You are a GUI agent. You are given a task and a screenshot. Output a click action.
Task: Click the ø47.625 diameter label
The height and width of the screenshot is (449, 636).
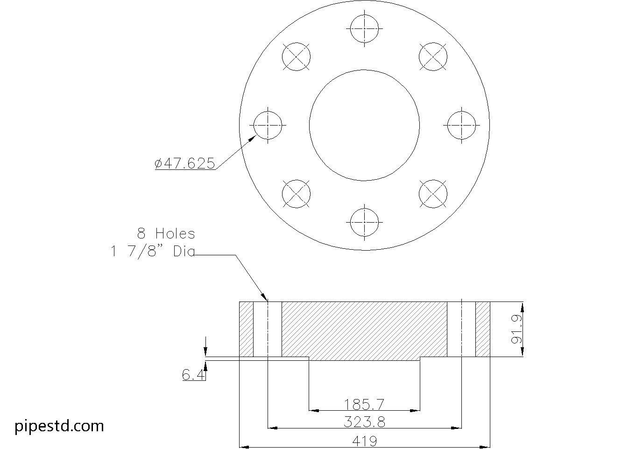(x=185, y=163)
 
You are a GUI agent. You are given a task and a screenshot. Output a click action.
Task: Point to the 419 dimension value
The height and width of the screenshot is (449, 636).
(x=364, y=441)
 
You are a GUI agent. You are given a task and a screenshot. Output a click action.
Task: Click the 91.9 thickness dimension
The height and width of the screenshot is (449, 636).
(x=516, y=330)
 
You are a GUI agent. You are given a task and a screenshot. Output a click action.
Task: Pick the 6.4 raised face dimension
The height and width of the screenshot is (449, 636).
(x=193, y=374)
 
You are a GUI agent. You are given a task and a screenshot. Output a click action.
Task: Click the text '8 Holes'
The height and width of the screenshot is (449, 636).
(x=166, y=233)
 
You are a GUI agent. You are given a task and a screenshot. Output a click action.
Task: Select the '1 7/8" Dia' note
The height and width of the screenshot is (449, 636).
(x=152, y=252)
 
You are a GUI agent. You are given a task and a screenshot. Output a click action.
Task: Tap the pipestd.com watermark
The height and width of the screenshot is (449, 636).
(x=59, y=426)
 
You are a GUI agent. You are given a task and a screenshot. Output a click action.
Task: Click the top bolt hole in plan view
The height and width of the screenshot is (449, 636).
(x=364, y=28)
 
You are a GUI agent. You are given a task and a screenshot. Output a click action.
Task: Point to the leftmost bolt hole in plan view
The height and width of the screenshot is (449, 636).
(x=268, y=125)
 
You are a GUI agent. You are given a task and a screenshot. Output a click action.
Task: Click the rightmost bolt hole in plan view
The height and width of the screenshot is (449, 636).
(x=461, y=125)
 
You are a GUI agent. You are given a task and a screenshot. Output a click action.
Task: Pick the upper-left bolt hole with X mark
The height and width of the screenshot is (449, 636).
(x=296, y=57)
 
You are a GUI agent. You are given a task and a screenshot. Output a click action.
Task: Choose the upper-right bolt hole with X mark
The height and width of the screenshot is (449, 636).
(x=433, y=57)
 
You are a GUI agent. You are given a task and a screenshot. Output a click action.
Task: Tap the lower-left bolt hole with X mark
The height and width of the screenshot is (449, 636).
(x=296, y=194)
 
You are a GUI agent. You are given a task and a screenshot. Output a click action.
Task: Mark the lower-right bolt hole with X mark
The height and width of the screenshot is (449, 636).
(x=433, y=194)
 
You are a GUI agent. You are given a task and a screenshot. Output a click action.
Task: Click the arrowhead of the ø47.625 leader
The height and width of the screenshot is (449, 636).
(x=254, y=137)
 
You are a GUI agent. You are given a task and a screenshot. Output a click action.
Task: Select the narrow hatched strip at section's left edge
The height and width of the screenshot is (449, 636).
(x=246, y=330)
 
